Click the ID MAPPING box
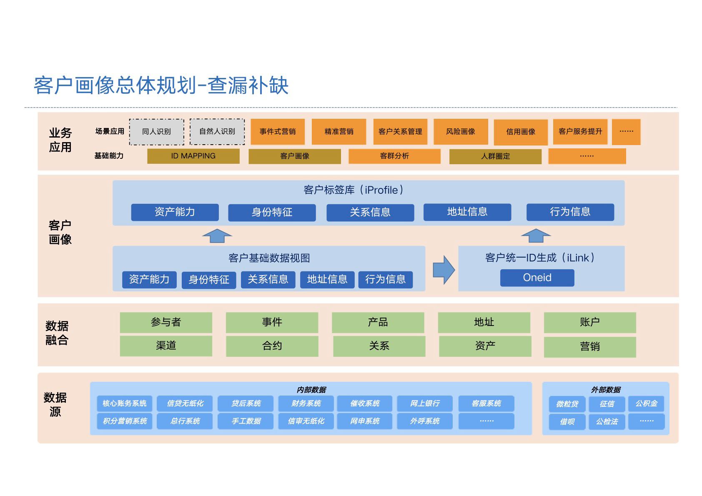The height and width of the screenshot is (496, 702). pos(193,156)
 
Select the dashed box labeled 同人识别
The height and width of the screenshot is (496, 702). pos(156,132)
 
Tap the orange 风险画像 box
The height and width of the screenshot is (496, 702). pos(460,132)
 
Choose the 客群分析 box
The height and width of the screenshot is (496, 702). pos(394,156)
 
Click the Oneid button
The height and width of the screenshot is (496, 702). pos(537,278)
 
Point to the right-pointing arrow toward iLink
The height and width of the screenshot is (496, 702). pos(444,270)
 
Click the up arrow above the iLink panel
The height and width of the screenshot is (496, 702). pos(536,235)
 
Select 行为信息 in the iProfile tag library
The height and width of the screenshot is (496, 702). pos(570,212)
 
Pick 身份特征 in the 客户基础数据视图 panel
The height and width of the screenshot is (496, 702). pos(209,279)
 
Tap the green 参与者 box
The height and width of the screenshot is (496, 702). pos(166,322)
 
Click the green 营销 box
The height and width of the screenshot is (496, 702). pos(590,346)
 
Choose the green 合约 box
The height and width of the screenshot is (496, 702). pos(272,346)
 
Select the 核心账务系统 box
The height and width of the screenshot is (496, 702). pos(124,403)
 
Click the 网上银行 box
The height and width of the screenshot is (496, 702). pos(425,403)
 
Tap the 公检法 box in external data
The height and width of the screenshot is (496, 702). pos(607,422)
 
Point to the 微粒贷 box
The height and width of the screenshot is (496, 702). pos(567,404)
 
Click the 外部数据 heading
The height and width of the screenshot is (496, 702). pos(606,390)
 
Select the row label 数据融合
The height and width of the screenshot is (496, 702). pos(57,333)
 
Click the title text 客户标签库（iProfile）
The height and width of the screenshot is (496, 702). pos(354,190)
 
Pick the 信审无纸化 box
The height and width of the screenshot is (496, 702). pos(306,421)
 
